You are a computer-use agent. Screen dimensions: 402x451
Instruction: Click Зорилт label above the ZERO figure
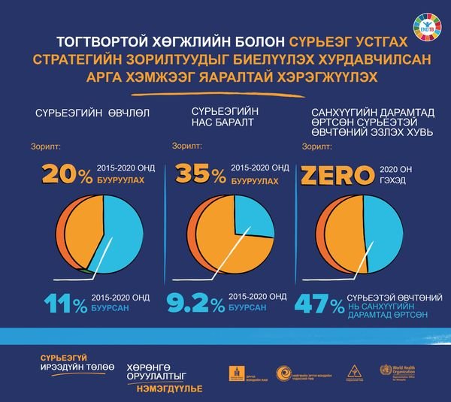(313, 148)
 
